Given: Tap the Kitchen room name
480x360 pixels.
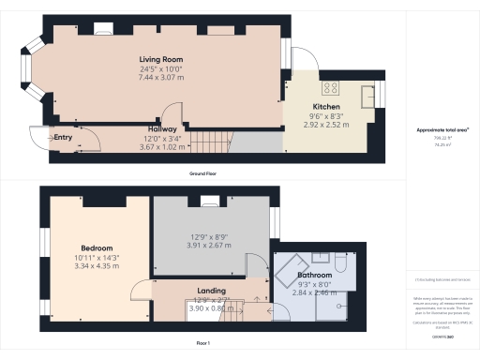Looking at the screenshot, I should [x=326, y=108].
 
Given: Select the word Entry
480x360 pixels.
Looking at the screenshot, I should [x=63, y=138].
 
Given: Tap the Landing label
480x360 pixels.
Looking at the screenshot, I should [x=211, y=291].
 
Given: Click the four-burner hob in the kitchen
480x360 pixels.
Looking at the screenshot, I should [x=331, y=89].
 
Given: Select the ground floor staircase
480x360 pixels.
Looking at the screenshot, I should [x=210, y=142].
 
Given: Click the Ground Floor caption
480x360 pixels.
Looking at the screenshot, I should [x=203, y=174].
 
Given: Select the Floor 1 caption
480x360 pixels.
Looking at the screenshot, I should [x=203, y=344].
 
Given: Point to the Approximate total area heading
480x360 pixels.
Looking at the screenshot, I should [x=442, y=129].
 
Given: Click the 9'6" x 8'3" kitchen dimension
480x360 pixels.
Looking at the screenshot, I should [x=326, y=116].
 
